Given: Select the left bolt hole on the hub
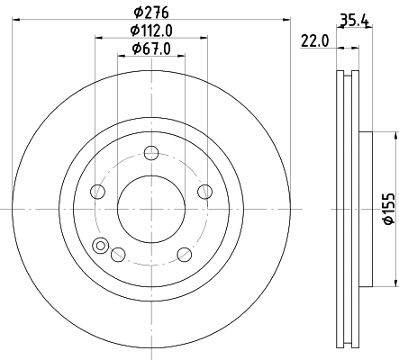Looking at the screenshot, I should point(97,191).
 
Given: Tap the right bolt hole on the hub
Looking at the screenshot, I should point(204,191).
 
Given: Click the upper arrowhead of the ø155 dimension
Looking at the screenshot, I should point(394,136).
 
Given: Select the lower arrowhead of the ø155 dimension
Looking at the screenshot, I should point(394,280).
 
